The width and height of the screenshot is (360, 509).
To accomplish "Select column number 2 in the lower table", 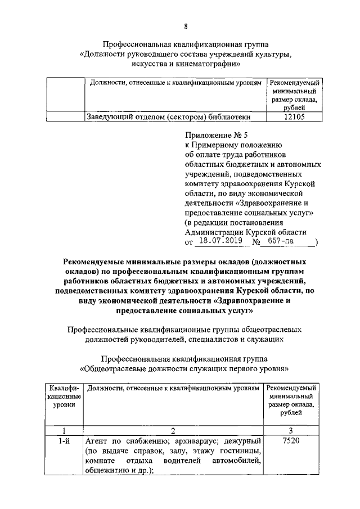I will pos(173,430).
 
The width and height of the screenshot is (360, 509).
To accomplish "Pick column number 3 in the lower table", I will pos(291,430).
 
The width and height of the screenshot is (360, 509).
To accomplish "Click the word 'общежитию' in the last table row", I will pos(105,471).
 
